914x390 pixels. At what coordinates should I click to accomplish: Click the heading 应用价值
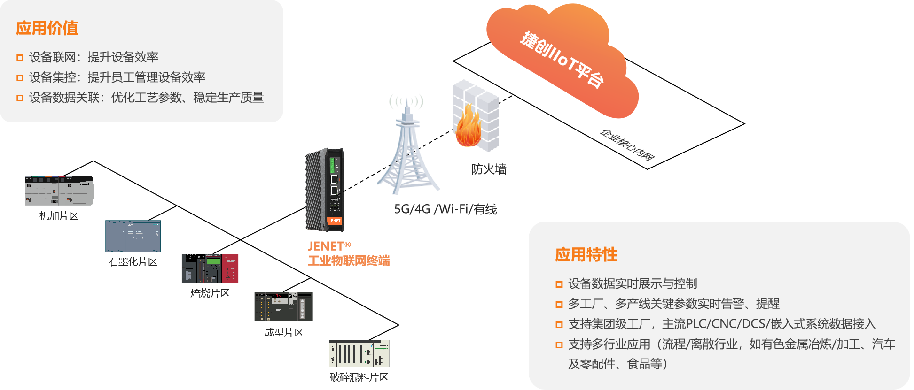tap(47, 28)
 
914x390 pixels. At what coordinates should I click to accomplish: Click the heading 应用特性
tap(586, 254)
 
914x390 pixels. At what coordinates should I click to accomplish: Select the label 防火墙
tap(489, 169)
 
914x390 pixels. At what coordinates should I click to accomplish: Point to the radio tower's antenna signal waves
tap(406, 101)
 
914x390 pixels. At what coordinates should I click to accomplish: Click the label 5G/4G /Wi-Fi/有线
tap(445, 209)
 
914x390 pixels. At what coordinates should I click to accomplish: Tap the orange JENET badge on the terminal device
tap(335, 220)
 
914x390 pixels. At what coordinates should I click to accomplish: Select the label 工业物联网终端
tap(349, 261)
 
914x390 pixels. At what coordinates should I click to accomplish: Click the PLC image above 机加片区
tap(59, 191)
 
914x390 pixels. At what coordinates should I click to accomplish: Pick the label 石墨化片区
tap(133, 262)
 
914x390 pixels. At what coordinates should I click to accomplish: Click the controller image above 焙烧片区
tap(210, 268)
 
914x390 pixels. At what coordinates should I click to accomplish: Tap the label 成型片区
tap(283, 333)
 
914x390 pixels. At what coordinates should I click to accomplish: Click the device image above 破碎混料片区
tap(359, 353)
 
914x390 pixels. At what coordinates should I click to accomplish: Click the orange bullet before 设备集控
tap(20, 78)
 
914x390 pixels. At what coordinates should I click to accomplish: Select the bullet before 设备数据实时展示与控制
tap(559, 284)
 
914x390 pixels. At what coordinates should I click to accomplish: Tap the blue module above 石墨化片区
tap(133, 236)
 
